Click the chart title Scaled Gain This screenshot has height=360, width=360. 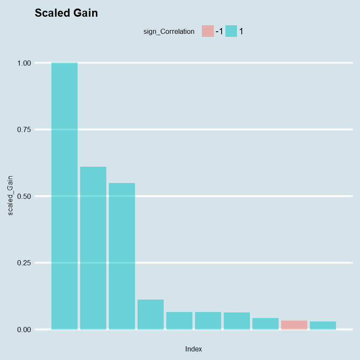click(x=66, y=13)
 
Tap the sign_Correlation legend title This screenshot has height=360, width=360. click(x=169, y=31)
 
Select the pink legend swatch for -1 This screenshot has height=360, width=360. click(x=207, y=31)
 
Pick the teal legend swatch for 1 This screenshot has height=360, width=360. click(x=231, y=31)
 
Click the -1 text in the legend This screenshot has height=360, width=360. click(x=219, y=31)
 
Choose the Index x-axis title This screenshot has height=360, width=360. click(x=193, y=349)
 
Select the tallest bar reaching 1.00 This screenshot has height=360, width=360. click(x=65, y=196)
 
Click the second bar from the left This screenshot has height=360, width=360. click(x=93, y=248)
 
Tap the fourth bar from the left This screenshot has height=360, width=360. click(x=150, y=315)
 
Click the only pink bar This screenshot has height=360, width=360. click(x=294, y=325)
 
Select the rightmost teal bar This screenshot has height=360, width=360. click(x=323, y=325)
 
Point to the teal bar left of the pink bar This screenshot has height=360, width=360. click(x=265, y=324)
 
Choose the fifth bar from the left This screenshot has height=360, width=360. click(x=179, y=321)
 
